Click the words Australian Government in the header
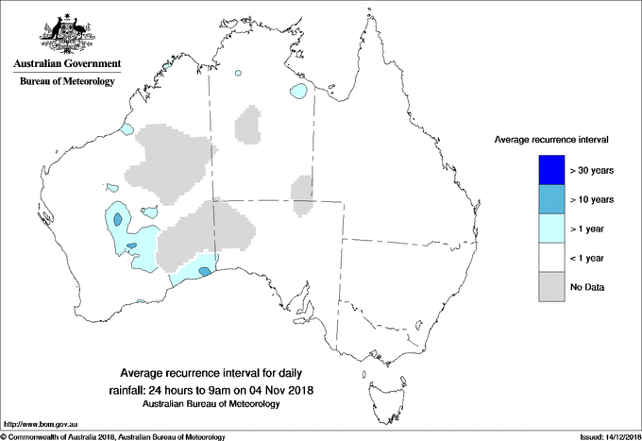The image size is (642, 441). tap(66, 64)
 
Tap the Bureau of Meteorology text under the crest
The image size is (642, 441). tap(67, 82)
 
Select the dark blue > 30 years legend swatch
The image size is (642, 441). tap(550, 170)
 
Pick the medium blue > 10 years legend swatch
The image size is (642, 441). tap(550, 199)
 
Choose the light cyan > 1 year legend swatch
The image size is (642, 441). tap(550, 229)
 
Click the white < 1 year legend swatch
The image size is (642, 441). tap(550, 258)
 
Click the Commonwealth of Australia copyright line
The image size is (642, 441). tap(113, 435)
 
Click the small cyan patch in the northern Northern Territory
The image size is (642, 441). tap(299, 93)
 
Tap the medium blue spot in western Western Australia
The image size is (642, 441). tap(117, 219)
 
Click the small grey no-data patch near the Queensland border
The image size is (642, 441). tap(302, 193)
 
